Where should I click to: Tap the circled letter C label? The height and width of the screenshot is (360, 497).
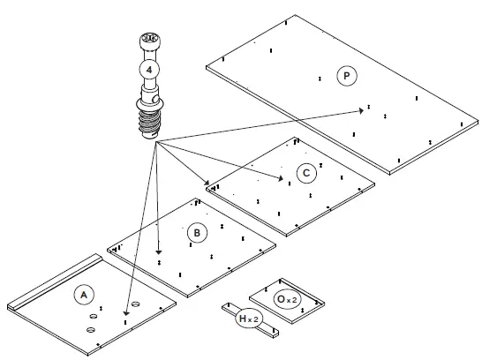[305, 173]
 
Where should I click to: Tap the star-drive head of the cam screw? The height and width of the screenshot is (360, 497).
[147, 42]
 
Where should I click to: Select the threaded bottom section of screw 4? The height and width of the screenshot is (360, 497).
[151, 118]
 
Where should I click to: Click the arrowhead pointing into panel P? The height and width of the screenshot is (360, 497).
[365, 109]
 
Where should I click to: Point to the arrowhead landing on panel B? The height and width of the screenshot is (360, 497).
[158, 251]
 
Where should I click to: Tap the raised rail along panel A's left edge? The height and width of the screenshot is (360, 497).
[53, 281]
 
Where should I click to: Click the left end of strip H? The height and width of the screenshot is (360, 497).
[226, 310]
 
